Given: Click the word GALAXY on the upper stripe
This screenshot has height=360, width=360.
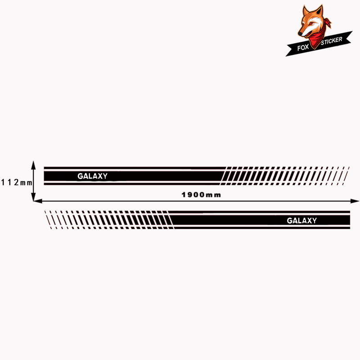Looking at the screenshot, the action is point(93,176).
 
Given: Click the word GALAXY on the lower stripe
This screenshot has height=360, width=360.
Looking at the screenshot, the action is point(301,220).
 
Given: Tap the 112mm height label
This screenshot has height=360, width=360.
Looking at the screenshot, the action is point(17,183).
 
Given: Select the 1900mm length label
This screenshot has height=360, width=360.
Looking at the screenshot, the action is point(201,195).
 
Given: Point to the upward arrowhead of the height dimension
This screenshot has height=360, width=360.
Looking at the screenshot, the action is point(33,165).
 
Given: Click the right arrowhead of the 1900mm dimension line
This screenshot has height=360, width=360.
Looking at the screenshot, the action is point(355,201).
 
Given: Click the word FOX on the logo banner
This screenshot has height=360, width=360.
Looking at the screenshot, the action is point(303,48).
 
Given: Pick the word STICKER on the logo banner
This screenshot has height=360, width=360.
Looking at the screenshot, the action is point(332,40).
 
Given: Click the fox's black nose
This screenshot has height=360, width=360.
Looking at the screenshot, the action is point(300,33).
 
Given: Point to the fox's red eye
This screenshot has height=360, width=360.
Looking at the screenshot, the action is point(310,24).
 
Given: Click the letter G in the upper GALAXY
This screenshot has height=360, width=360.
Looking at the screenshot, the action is point(80,176).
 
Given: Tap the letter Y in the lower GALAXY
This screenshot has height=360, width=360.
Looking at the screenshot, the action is point(315,220).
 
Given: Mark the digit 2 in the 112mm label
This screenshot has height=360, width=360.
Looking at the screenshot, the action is point(16,183).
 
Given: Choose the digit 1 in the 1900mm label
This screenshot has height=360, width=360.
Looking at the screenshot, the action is point(183,195).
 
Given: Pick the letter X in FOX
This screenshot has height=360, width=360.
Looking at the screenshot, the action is point(306,47).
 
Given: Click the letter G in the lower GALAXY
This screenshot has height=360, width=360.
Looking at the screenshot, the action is point(289,220).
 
